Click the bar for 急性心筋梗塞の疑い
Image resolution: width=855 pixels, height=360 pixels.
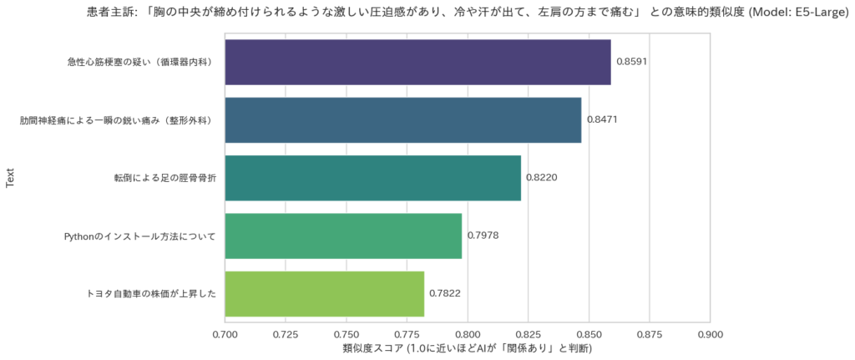coord(417,62)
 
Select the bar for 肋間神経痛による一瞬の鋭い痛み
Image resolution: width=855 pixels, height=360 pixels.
coord(403,119)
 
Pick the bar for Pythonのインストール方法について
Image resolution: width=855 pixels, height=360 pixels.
coord(343,236)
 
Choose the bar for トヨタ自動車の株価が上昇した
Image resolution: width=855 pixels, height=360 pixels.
coord(325,293)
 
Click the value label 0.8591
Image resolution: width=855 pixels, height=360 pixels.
coord(632,62)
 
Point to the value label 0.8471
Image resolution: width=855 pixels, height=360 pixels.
coord(602,120)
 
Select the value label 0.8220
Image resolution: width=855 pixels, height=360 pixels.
coord(541,178)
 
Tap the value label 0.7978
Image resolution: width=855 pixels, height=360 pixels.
coord(483,236)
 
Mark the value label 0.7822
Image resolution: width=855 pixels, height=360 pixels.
coord(445,294)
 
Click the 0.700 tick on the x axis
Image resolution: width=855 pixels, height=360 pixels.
coord(225,334)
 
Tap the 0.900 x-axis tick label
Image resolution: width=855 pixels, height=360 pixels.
coord(710,334)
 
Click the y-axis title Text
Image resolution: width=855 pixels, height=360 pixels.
coord(10,178)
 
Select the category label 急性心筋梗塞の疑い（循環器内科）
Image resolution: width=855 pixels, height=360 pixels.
coord(141,62)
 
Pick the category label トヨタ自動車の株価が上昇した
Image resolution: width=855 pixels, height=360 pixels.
coord(151,294)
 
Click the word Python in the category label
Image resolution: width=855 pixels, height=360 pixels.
coord(82,236)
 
